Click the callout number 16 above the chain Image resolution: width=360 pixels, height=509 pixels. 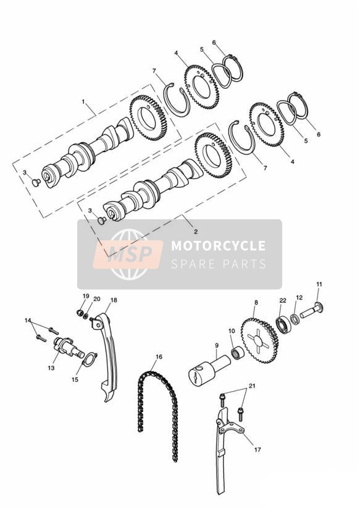point(159,357)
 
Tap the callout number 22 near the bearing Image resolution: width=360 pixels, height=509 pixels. point(283,301)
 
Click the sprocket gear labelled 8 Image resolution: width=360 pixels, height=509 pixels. point(260,340)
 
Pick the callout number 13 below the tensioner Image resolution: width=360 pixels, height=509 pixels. point(51,368)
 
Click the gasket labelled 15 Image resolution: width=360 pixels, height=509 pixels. point(90,360)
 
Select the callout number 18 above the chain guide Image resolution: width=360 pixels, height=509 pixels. point(114,300)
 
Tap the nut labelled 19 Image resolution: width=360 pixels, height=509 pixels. point(80,313)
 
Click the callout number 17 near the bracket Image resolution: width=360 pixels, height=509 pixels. point(257,450)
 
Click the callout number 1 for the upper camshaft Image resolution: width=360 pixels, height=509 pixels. point(83,102)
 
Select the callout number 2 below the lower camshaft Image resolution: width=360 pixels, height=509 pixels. point(196,232)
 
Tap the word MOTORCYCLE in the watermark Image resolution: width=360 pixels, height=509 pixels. point(218,245)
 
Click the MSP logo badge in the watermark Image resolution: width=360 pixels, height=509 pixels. point(128,254)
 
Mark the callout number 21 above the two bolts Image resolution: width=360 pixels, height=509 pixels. point(252,386)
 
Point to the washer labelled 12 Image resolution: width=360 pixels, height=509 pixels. point(295,319)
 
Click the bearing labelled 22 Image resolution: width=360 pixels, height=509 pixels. point(283,324)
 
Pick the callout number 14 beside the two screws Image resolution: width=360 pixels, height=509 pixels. point(28,321)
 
